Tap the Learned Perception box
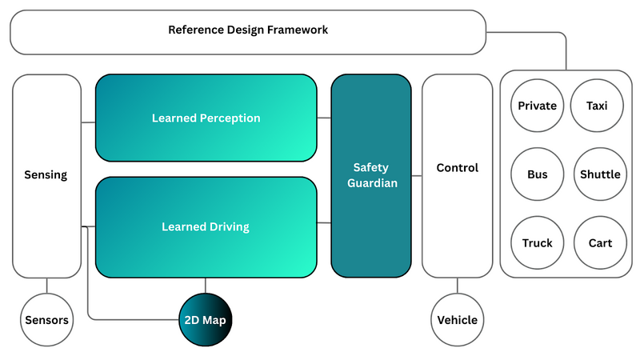[206, 118]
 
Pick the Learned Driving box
[206, 227]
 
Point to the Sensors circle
[46, 320]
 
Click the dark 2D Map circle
[206, 320]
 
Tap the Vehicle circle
[457, 320]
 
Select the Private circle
[537, 106]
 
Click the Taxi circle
[597, 106]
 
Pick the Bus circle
[537, 174]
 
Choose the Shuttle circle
[600, 174]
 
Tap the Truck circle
[537, 242]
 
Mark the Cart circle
[600, 242]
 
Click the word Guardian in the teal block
[371, 183]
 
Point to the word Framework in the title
[298, 30]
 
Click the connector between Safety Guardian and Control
[417, 175]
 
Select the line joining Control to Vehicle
[457, 285]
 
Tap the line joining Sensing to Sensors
[46, 285]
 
